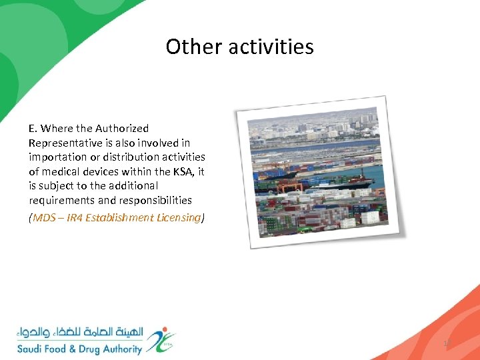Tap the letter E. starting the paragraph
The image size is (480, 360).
[x=33, y=128]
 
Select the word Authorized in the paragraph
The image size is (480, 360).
[x=122, y=128]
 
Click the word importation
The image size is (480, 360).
[x=55, y=157]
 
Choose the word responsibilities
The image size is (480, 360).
[x=152, y=200]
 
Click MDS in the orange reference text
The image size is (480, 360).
[x=45, y=217]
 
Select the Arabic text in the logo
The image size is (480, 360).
[x=80, y=333]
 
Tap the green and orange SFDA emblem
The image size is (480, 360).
[x=161, y=339]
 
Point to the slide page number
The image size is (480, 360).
[x=447, y=343]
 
